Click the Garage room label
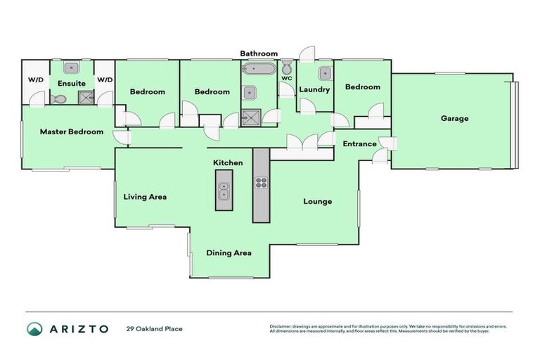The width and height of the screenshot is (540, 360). [454, 118]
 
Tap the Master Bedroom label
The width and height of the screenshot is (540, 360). [71, 131]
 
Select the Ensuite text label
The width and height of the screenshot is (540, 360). [71, 83]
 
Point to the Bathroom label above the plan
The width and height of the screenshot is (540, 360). [259, 53]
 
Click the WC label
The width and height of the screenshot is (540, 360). [286, 78]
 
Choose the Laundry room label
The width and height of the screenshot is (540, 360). [314, 89]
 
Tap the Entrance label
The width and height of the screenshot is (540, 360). [359, 144]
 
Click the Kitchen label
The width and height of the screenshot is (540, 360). [228, 162]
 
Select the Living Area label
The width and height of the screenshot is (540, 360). [145, 197]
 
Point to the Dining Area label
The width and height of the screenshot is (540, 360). [229, 252]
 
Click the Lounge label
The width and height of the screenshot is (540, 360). [317, 202]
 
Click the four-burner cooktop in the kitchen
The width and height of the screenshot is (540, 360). [261, 183]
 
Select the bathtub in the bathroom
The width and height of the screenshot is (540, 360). [252, 70]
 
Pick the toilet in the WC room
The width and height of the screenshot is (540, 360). [286, 67]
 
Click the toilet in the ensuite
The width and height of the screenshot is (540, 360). [59, 100]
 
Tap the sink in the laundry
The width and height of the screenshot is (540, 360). [324, 73]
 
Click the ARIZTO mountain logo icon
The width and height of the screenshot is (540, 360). [35, 328]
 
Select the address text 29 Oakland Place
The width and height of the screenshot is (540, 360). [154, 329]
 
